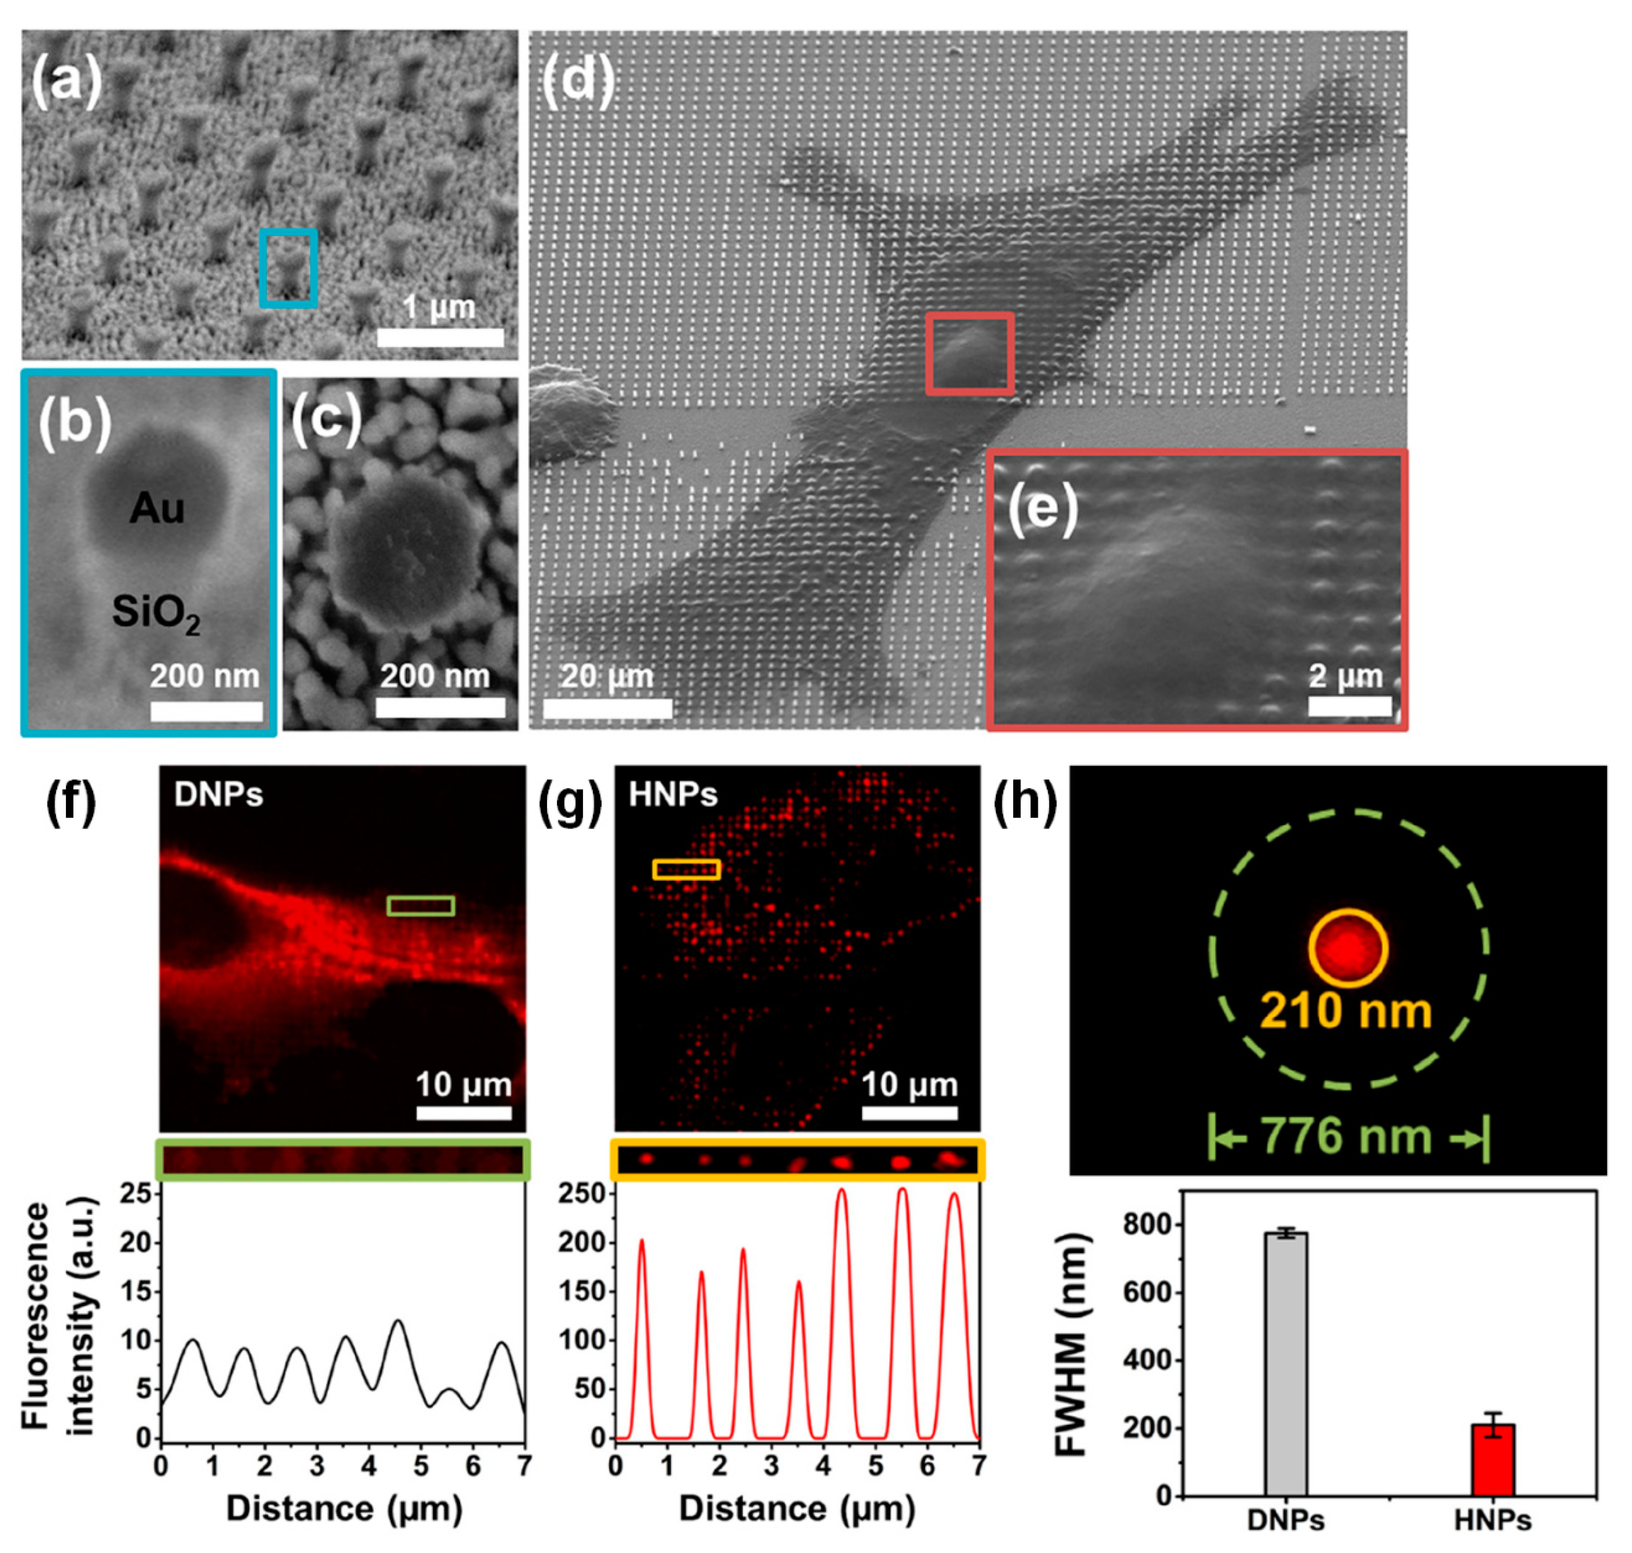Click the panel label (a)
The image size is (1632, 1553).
pyautogui.click(x=66, y=83)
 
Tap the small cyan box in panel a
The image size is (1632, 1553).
pyautogui.click(x=288, y=268)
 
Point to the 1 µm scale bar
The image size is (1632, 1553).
pyautogui.click(x=440, y=337)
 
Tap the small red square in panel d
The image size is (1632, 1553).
pyautogui.click(x=969, y=354)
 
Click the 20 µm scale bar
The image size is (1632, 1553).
pyautogui.click(x=607, y=708)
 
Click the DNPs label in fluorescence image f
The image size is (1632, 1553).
pyautogui.click(x=219, y=795)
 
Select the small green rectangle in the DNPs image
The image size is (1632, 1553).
pyautogui.click(x=420, y=906)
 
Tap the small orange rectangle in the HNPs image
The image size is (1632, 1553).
pyautogui.click(x=686, y=869)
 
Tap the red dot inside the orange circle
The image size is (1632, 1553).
pyautogui.click(x=1347, y=948)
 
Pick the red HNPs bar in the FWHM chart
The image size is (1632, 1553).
pyautogui.click(x=1492, y=1459)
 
